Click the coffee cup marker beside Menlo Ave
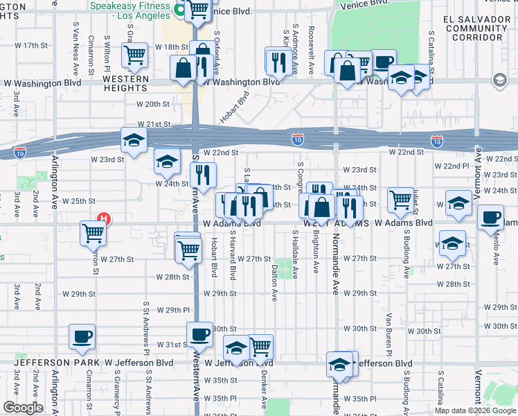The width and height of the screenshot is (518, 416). (x=490, y=217)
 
